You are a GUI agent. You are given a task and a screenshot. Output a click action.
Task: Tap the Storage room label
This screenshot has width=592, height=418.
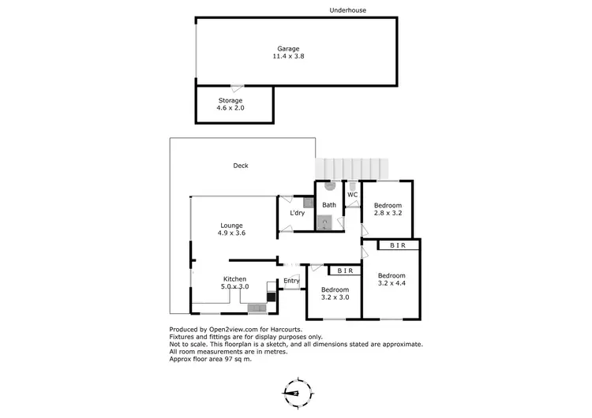[x=230, y=100]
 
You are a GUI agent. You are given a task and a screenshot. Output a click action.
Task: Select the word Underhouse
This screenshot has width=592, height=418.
[x=348, y=10]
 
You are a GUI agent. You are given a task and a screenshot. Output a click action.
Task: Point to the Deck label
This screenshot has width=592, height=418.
[x=241, y=166]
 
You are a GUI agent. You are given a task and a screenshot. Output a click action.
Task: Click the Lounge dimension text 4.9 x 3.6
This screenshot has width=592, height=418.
[x=231, y=233]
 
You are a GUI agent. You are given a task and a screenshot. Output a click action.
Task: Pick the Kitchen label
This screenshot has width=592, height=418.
[x=234, y=279]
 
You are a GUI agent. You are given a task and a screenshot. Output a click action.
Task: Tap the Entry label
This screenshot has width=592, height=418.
[x=291, y=281]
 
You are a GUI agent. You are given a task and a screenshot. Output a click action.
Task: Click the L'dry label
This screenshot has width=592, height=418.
[x=298, y=213]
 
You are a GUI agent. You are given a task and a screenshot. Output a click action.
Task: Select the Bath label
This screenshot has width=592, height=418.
[x=329, y=205]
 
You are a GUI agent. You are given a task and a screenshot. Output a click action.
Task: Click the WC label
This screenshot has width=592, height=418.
[x=353, y=194]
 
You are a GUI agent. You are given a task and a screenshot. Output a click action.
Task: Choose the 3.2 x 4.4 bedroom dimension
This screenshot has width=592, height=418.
[x=392, y=283]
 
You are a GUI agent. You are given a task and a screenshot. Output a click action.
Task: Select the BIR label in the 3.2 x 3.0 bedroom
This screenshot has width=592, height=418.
[x=345, y=271]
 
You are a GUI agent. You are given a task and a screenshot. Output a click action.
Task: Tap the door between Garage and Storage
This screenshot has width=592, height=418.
[x=236, y=86]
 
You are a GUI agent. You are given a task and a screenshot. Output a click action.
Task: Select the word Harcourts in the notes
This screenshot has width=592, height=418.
[x=281, y=330]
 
